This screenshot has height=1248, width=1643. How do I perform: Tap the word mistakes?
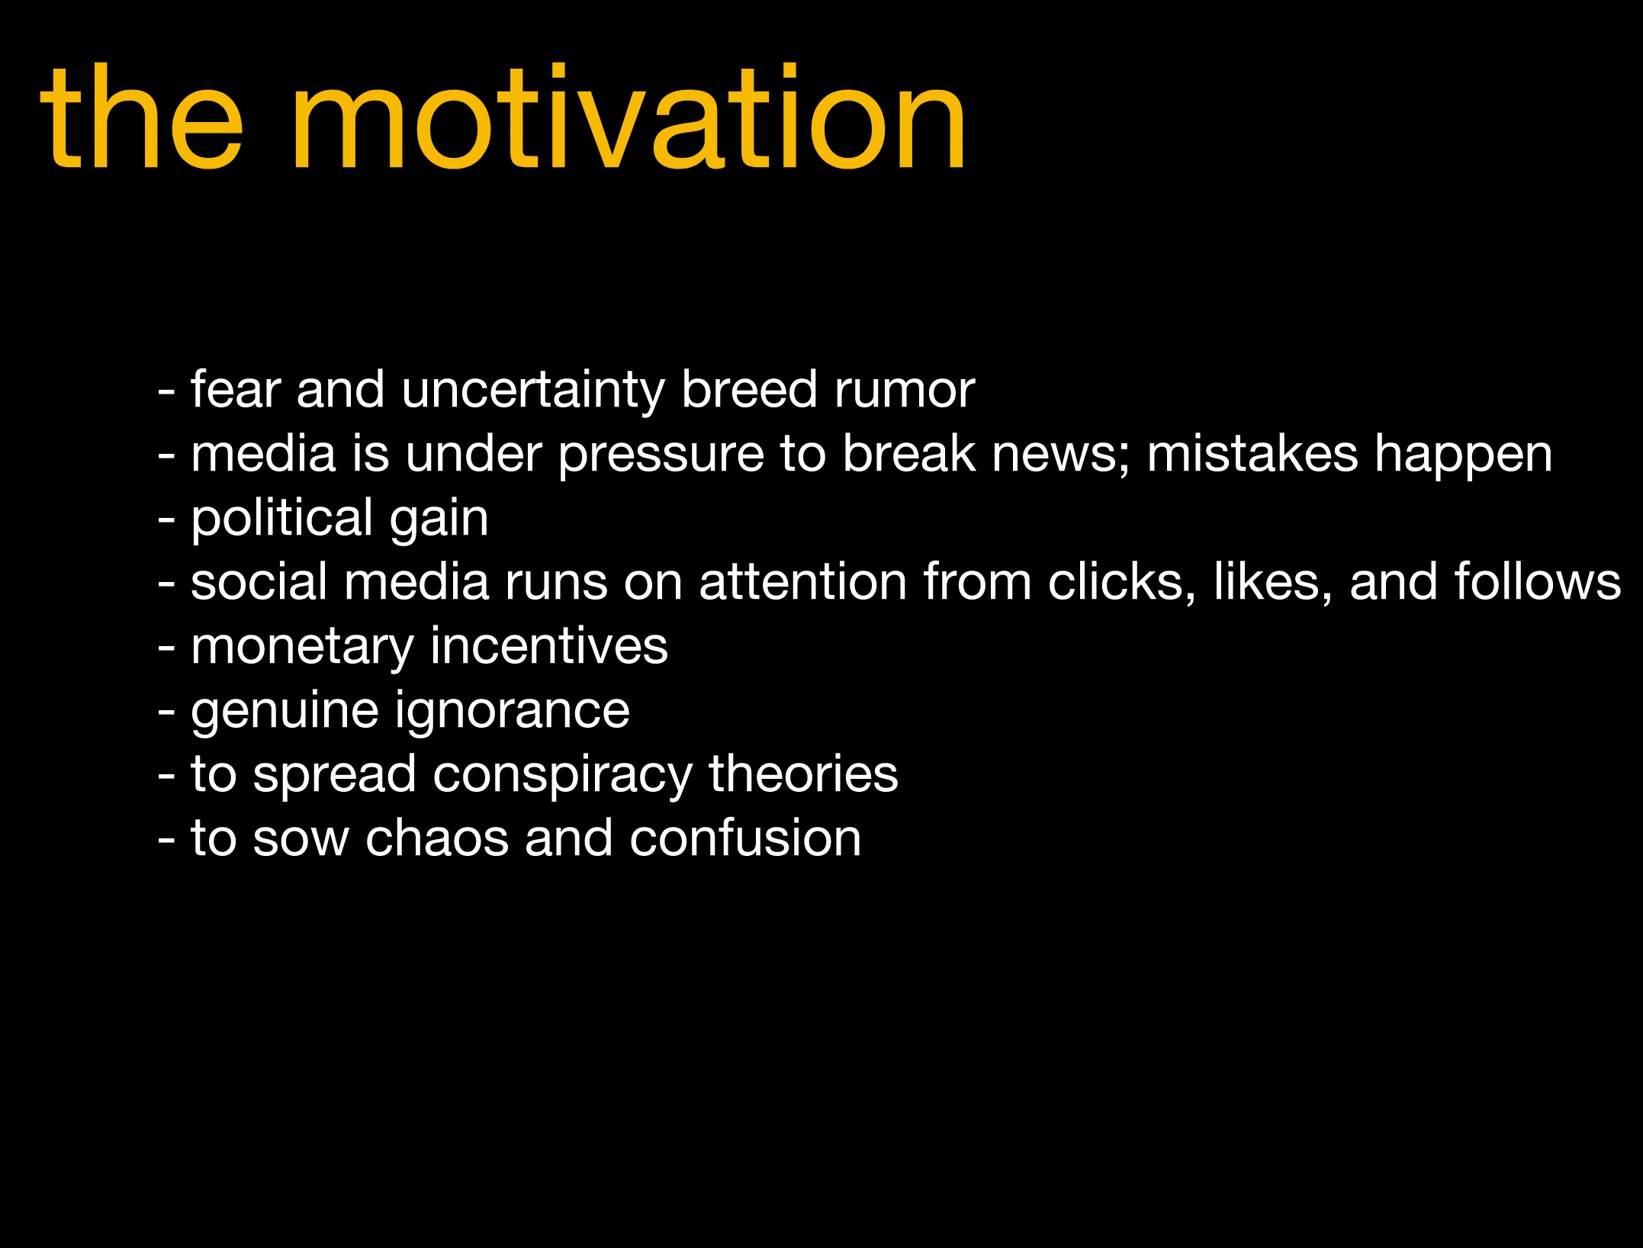point(1252,454)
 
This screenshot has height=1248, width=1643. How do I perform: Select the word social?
point(259,582)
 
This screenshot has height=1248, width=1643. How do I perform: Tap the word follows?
point(1538,582)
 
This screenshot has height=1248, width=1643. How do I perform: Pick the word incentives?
point(548,646)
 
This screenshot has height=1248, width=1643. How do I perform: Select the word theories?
point(803,774)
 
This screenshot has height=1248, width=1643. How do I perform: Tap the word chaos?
point(436,838)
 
